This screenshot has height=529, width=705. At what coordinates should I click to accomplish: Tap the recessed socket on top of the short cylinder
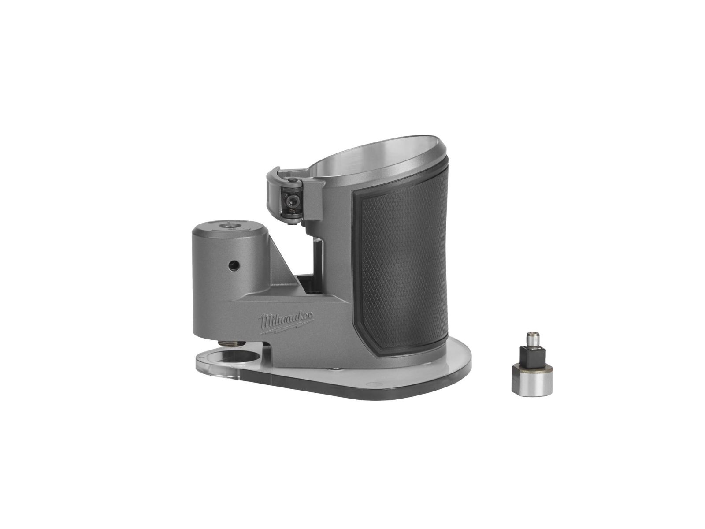pyautogui.click(x=230, y=227)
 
